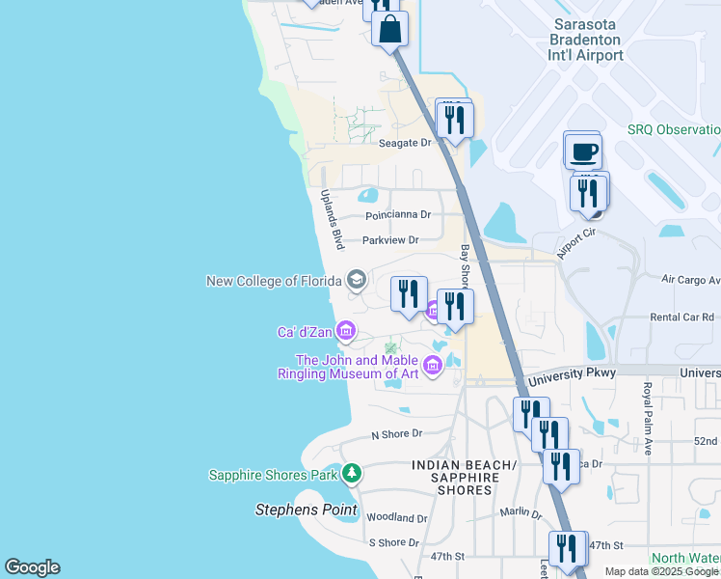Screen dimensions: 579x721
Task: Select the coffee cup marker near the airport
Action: [582, 152]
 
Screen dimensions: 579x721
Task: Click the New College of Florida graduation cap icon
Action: [356, 281]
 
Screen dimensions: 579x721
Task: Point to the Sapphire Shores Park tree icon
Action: [353, 474]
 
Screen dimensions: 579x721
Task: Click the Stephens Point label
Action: [306, 510]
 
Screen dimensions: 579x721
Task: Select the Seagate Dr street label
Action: [405, 143]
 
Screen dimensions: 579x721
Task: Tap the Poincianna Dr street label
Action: [397, 215]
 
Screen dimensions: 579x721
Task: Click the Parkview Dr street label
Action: [390, 240]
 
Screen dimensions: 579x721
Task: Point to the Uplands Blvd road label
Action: [332, 220]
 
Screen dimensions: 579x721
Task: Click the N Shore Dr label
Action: [397, 436]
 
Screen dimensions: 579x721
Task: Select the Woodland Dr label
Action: [396, 518]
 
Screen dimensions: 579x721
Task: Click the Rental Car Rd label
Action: [681, 317]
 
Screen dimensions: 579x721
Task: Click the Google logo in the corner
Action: [32, 567]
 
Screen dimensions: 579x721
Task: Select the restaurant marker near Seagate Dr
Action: [453, 120]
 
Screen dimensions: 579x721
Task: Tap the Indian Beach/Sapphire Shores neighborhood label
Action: [464, 478]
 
